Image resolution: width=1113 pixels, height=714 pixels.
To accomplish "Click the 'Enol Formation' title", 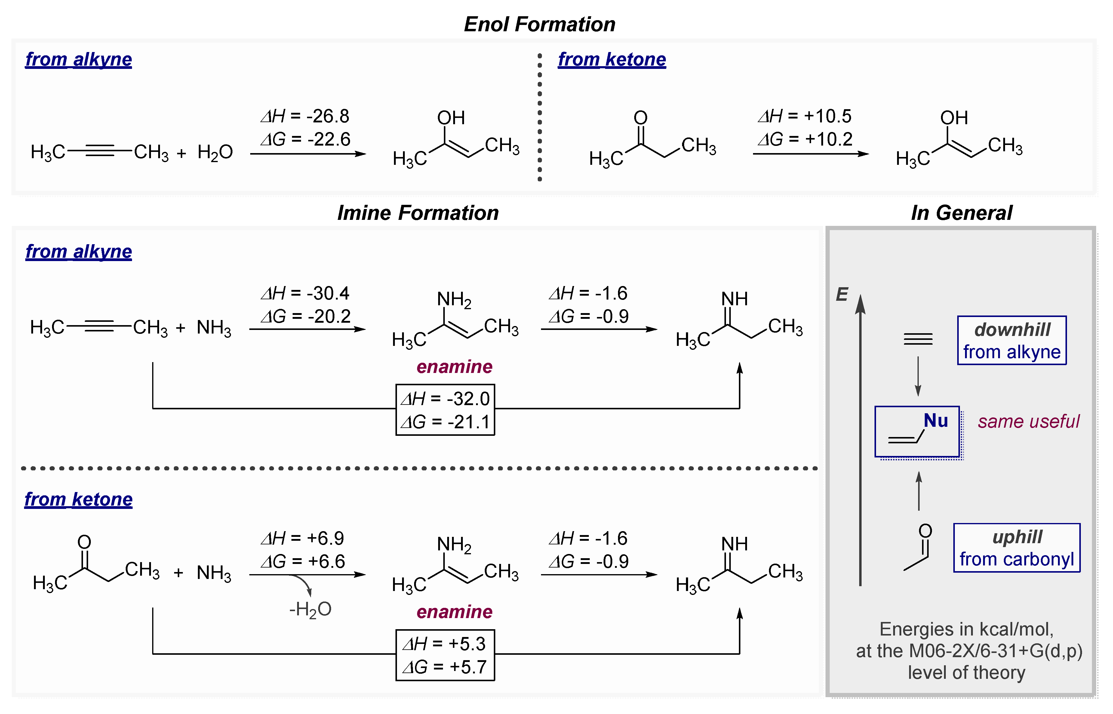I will (540, 24).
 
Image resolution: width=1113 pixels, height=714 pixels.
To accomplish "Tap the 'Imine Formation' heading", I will (418, 213).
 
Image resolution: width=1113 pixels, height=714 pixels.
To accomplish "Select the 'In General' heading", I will (961, 213).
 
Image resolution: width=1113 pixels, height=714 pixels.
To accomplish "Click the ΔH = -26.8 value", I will (305, 116).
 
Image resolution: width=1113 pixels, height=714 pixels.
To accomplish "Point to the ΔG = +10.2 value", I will (805, 139).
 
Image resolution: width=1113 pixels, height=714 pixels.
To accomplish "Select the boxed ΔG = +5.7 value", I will (445, 667).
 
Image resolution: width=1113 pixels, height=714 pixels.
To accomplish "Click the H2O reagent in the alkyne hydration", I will (215, 152).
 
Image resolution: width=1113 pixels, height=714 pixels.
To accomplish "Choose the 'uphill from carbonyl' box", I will (1016, 548).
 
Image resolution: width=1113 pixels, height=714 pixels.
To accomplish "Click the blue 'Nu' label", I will (936, 420).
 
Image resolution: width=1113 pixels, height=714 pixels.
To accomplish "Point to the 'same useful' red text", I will (1028, 421).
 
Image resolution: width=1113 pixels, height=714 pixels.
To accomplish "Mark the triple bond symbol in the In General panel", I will (918, 339).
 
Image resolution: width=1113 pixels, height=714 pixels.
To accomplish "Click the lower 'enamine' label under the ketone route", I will (454, 612).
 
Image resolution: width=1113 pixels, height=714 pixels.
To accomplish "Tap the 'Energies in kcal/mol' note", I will (967, 629).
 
